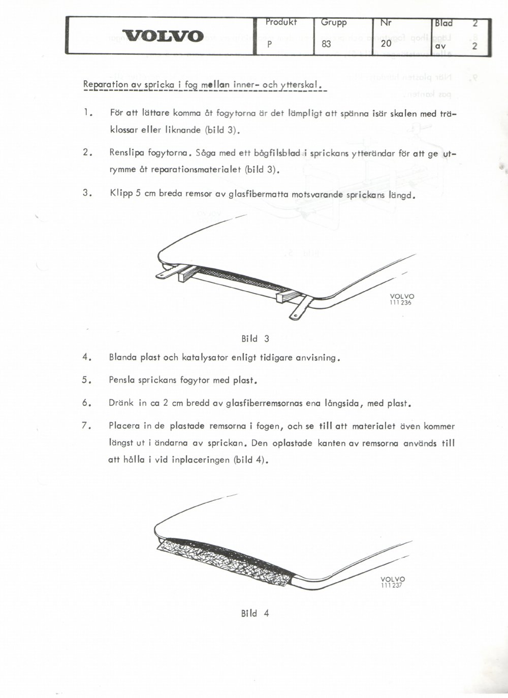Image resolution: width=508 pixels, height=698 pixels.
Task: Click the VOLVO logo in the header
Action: click(163, 36)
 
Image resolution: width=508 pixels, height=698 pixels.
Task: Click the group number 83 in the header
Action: click(326, 44)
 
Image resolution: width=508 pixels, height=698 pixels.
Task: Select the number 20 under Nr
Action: click(386, 44)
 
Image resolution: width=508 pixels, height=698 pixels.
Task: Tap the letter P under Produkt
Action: click(270, 45)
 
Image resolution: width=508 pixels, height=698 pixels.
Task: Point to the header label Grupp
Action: click(334, 23)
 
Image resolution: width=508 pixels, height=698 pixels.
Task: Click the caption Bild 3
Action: click(255, 339)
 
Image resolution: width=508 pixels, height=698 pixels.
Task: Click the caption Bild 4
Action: click(255, 614)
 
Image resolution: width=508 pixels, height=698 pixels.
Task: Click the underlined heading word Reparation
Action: click(106, 85)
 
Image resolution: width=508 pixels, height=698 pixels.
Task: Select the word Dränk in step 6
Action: click(121, 403)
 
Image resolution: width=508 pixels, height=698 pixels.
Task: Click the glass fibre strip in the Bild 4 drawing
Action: click(225, 561)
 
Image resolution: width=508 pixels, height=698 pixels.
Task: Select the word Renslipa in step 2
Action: click(126, 153)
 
